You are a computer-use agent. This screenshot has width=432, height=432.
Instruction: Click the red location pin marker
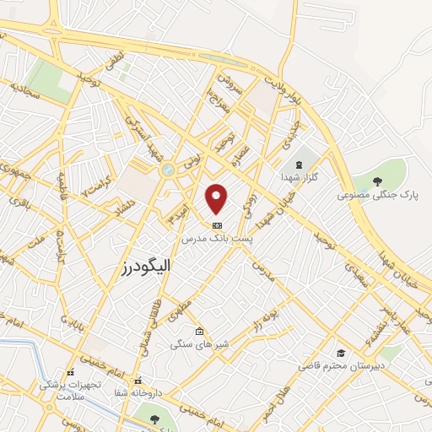coord(218,198)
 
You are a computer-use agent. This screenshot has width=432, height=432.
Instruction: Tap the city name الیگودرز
coord(141,266)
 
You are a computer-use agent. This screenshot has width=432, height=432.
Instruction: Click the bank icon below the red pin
coord(218,225)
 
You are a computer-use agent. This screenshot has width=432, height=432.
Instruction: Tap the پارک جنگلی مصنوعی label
coord(378,195)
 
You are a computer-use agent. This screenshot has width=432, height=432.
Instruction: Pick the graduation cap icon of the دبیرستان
coord(341,353)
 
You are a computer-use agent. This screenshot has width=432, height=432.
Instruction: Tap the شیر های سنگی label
coord(197,343)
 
